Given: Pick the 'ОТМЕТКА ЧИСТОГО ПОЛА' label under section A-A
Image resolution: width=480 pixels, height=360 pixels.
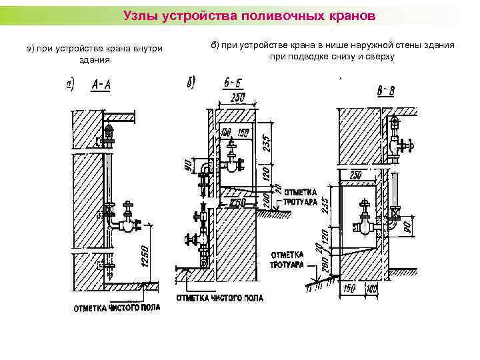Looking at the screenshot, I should point(115,308).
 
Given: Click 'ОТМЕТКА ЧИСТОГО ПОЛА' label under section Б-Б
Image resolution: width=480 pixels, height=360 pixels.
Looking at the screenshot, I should point(218,297).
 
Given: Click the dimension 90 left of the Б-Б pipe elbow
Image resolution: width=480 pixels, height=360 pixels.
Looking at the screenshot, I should point(188,164).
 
